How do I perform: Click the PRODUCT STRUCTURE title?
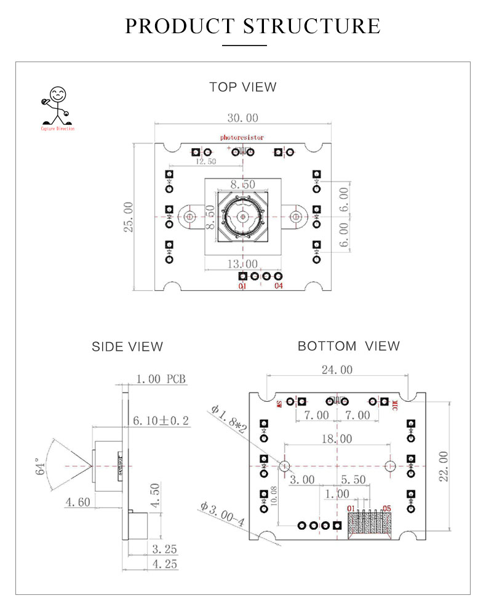click(253, 26)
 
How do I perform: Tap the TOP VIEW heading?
click(243, 87)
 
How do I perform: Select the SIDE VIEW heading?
click(127, 347)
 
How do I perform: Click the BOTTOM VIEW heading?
click(348, 346)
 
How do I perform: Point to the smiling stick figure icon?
click(57, 106)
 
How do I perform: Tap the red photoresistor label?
click(242, 138)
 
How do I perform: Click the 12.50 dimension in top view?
click(205, 162)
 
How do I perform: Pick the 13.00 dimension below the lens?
click(243, 263)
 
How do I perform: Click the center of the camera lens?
click(243, 217)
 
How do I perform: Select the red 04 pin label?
click(279, 287)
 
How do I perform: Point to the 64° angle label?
click(41, 466)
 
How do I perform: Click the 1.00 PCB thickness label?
click(161, 379)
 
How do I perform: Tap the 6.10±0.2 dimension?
click(161, 421)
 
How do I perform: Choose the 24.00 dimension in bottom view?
click(338, 370)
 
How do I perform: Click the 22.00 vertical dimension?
click(442, 466)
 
